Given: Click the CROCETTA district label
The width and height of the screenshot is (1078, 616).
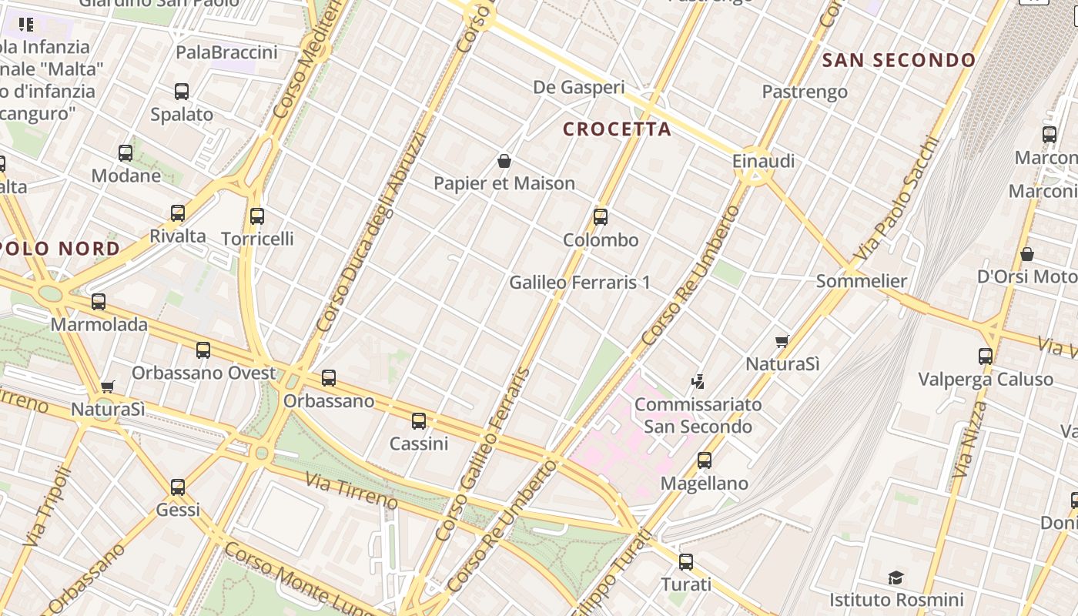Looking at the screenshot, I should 617,129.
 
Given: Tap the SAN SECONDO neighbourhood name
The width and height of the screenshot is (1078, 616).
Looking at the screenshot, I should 899,60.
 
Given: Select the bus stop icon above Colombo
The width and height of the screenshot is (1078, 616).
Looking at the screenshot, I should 601,217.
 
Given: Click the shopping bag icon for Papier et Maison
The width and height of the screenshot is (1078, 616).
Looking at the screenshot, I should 504,161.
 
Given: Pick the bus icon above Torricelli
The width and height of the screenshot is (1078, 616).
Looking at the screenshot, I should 257,216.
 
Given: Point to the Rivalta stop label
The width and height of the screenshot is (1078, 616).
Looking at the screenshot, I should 178,236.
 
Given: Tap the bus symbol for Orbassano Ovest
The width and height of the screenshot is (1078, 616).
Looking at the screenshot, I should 203,350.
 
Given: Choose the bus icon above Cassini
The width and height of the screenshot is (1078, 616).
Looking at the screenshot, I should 419,421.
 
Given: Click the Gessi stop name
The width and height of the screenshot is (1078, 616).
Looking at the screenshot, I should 178,509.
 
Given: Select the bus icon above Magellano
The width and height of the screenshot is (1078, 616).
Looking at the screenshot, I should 705,460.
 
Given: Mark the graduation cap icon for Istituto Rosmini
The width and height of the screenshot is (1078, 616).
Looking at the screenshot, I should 896,577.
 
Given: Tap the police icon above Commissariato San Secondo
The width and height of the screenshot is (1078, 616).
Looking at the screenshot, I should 698,381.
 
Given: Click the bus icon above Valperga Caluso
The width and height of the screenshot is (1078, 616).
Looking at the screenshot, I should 986,356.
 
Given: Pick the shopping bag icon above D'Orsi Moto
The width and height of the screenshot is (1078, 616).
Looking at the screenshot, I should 1026,254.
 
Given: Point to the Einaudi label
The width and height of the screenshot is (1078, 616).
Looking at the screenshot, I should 763,161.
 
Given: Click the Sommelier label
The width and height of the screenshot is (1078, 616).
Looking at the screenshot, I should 862,280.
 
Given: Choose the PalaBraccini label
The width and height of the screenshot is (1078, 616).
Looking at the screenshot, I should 226,52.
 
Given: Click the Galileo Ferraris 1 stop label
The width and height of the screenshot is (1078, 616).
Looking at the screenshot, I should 580,283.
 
